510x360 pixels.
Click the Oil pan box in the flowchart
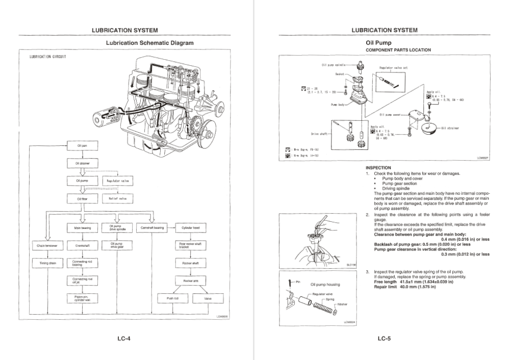click(x=82, y=146)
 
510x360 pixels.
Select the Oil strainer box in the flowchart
click(x=82, y=164)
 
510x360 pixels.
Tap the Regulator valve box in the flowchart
click(x=118, y=181)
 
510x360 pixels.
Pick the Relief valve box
click(x=118, y=198)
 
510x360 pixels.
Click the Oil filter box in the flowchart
click(x=82, y=198)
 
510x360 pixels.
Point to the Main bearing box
click(x=82, y=228)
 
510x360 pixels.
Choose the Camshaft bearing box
click(x=152, y=228)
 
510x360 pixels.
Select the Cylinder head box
click(x=190, y=228)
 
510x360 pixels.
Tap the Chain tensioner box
click(x=47, y=246)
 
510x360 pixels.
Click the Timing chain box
click(x=47, y=263)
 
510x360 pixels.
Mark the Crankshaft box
click(x=82, y=246)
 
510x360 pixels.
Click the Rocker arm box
click(x=190, y=280)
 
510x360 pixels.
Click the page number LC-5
click(x=384, y=338)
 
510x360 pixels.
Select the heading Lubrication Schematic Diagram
click(x=149, y=43)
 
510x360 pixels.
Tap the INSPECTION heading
click(x=378, y=168)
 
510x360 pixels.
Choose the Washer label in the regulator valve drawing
click(x=343, y=304)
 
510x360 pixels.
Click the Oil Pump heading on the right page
click(x=378, y=43)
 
